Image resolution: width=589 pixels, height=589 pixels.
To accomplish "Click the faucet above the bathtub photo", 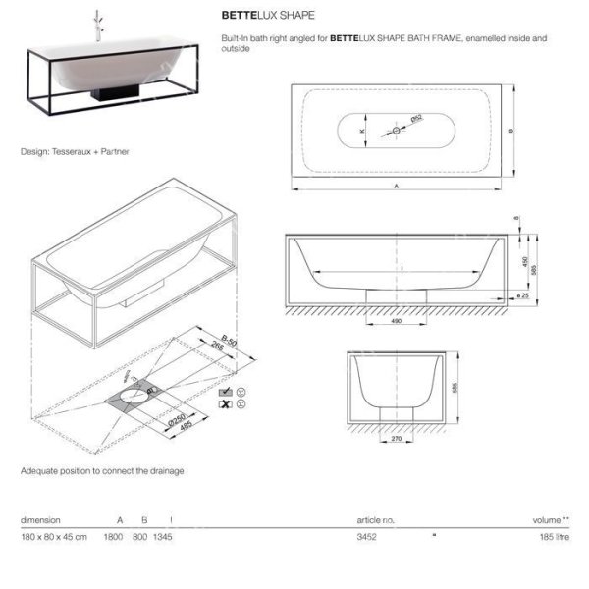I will coord(98,26).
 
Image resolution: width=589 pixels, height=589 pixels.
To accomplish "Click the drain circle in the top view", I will coord(397,131).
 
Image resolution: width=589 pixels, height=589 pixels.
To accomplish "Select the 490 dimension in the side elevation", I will coord(397,320).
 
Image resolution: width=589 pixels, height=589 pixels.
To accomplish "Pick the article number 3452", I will coord(367,537).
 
